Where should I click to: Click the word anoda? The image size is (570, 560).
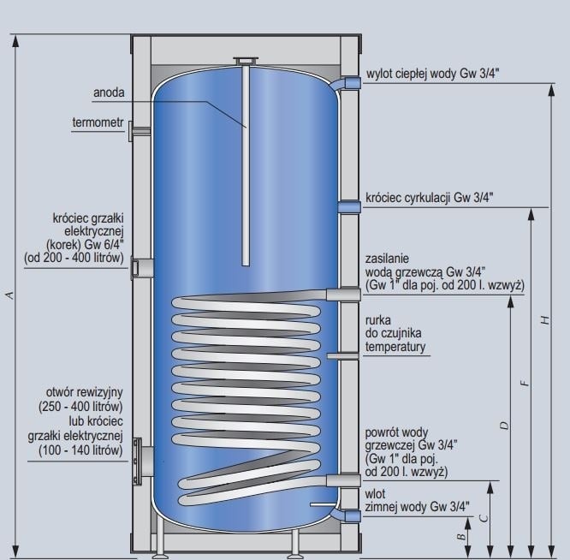[x=109, y=92]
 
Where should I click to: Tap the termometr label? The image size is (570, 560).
[x=98, y=122]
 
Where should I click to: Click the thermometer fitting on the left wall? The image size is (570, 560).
[x=139, y=131]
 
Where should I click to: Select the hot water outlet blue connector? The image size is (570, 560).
[x=352, y=83]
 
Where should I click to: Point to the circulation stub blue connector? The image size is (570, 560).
[x=349, y=207]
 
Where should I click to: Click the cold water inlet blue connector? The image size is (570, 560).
[x=353, y=516]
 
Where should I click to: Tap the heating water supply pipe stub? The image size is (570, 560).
[x=343, y=295]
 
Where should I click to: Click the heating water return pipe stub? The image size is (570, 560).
[x=343, y=480]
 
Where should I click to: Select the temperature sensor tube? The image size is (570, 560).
[x=343, y=356]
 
